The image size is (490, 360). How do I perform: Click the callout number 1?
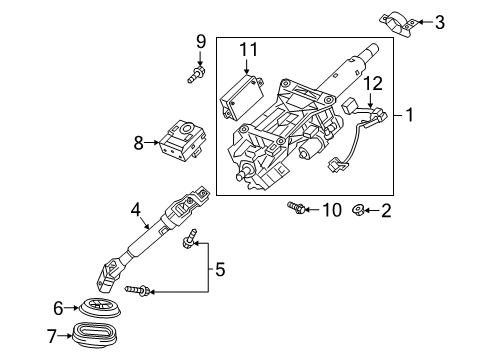pos(410,143)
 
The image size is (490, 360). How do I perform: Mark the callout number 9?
pos(199,41)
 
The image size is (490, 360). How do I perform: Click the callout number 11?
pos(247,47)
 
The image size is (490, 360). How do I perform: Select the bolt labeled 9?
pos(199,73)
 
